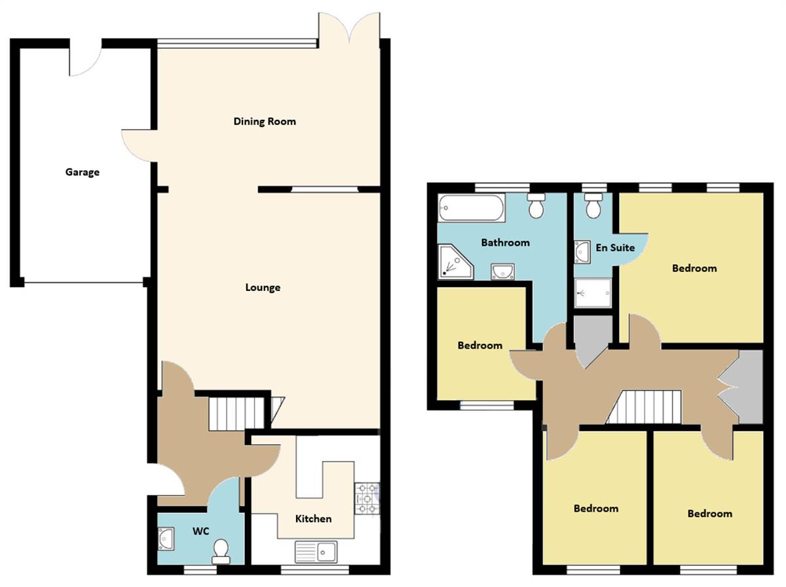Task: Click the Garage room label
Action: tap(83, 172)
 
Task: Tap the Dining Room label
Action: tap(265, 121)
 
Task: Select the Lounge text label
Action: tap(263, 288)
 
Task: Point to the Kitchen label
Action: tap(313, 518)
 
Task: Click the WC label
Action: tap(200, 531)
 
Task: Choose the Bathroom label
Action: tap(505, 242)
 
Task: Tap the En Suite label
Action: tap(615, 248)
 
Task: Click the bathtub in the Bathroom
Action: tap(471, 208)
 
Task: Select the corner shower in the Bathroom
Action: tap(453, 261)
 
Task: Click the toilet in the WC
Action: tap(221, 550)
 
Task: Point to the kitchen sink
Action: tap(316, 552)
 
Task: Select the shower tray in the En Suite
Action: tap(593, 293)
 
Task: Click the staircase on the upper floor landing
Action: tap(645, 407)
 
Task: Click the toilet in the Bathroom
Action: tap(536, 205)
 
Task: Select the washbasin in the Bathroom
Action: tap(503, 270)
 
